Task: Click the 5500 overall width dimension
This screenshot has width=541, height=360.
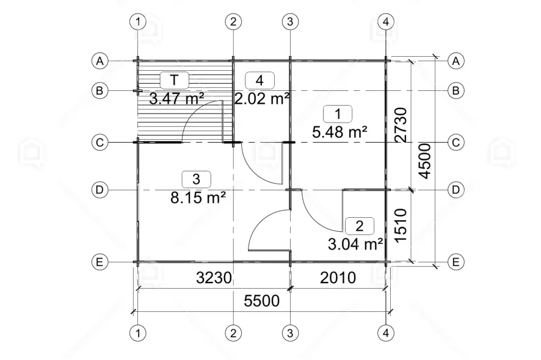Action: [261, 301]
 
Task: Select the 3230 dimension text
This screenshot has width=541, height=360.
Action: [214, 278]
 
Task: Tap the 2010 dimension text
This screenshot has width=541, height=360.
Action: [338, 278]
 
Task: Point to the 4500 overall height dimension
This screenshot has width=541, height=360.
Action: [425, 161]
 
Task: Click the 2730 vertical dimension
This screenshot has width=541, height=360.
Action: [401, 125]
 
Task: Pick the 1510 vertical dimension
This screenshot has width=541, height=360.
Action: [401, 225]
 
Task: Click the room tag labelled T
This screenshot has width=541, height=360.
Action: [175, 80]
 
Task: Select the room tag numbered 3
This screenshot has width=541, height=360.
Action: [196, 179]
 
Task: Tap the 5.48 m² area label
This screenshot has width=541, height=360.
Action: [339, 132]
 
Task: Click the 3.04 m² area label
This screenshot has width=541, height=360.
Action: [355, 244]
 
